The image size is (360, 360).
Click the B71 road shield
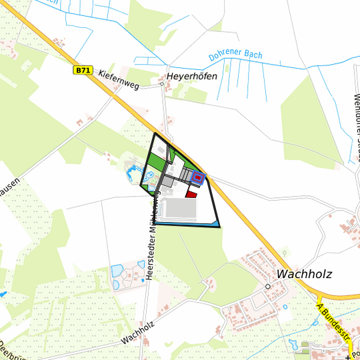[82, 69]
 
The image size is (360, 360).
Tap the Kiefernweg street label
[118, 80]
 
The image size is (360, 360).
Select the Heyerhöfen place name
[192, 76]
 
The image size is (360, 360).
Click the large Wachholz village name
[303, 273]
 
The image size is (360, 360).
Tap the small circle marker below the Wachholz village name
[267, 286]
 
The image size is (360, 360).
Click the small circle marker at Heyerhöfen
[162, 85]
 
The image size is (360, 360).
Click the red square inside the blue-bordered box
[198, 177]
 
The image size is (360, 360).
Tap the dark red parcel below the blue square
[192, 194]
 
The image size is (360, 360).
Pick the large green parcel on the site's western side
[155, 163]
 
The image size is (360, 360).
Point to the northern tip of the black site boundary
[155, 134]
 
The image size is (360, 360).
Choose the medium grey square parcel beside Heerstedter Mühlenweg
[167, 181]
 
